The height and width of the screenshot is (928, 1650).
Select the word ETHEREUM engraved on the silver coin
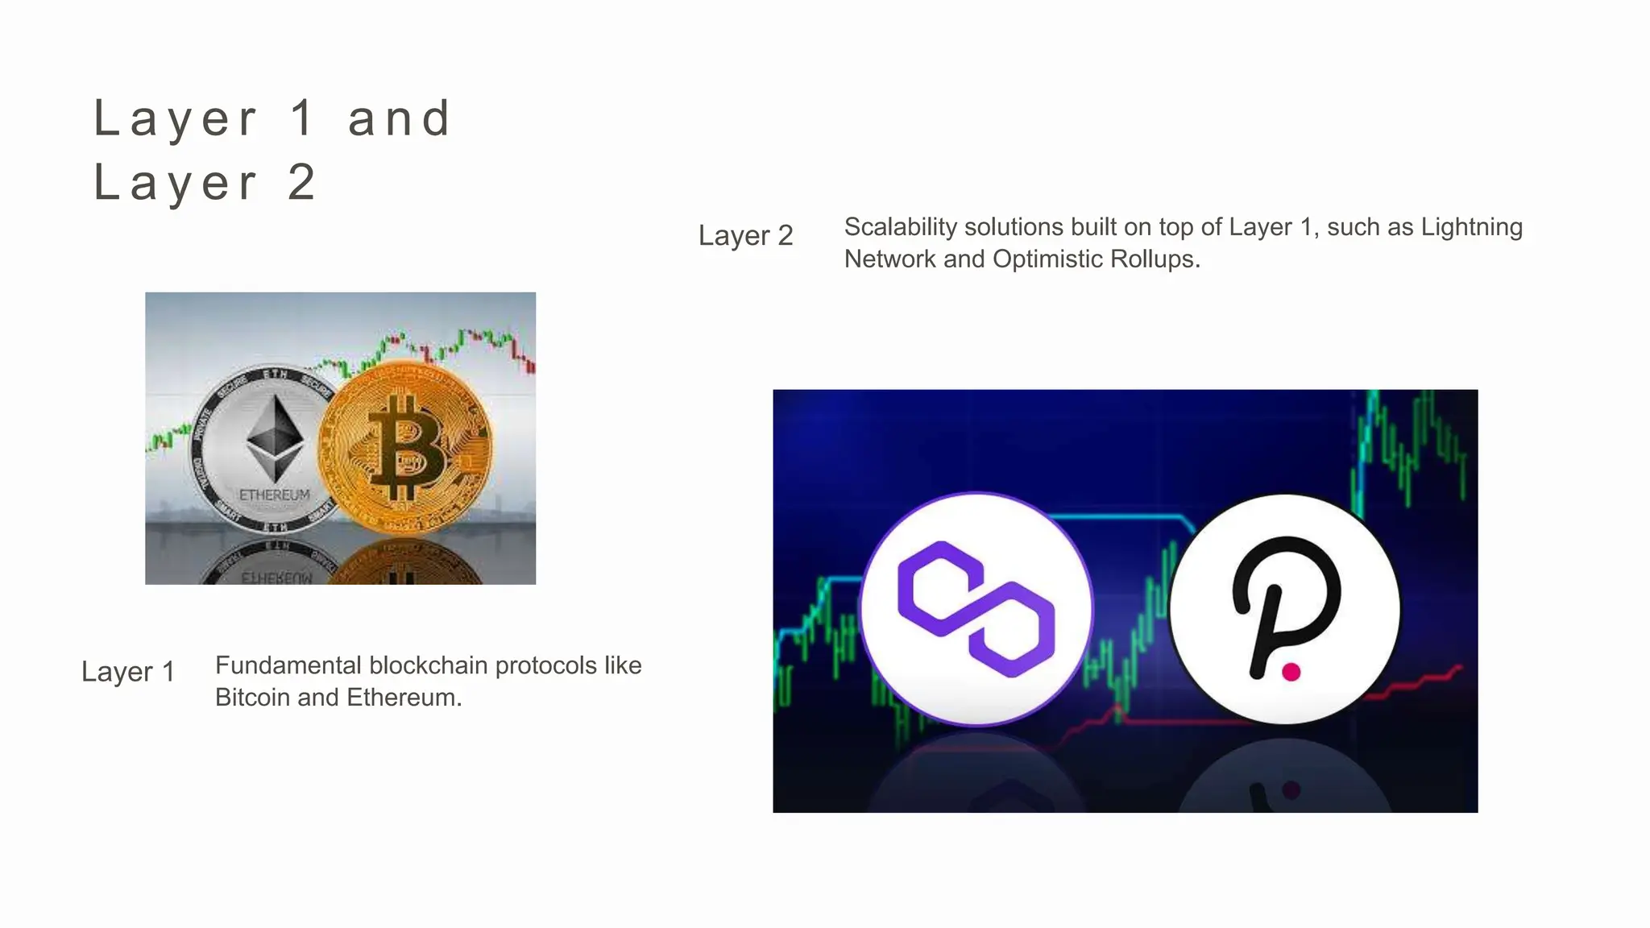point(274,495)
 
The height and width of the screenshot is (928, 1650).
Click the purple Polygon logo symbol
point(976,609)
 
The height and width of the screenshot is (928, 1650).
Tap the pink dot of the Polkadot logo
point(1291,672)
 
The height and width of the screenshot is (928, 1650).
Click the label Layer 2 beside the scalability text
point(745,235)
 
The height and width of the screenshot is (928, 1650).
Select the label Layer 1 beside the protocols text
point(128,671)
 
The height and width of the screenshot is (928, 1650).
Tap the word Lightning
point(1471,227)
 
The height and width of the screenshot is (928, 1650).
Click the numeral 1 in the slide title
point(302,118)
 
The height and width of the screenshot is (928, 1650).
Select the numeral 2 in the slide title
point(301,182)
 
